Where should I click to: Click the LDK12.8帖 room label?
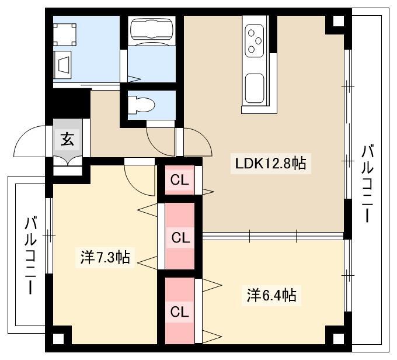271,164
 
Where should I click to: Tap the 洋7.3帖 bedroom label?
105,257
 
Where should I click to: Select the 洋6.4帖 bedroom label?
271,295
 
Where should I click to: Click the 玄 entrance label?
67,139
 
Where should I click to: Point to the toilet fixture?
141,105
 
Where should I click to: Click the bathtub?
152,30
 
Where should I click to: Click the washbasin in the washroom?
62,65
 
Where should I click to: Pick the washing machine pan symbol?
65,34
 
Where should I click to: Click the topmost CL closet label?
179,180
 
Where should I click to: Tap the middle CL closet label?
180,238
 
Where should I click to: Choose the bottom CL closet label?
179,312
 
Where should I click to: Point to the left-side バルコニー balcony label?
30,255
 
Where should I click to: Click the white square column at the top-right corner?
338,21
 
